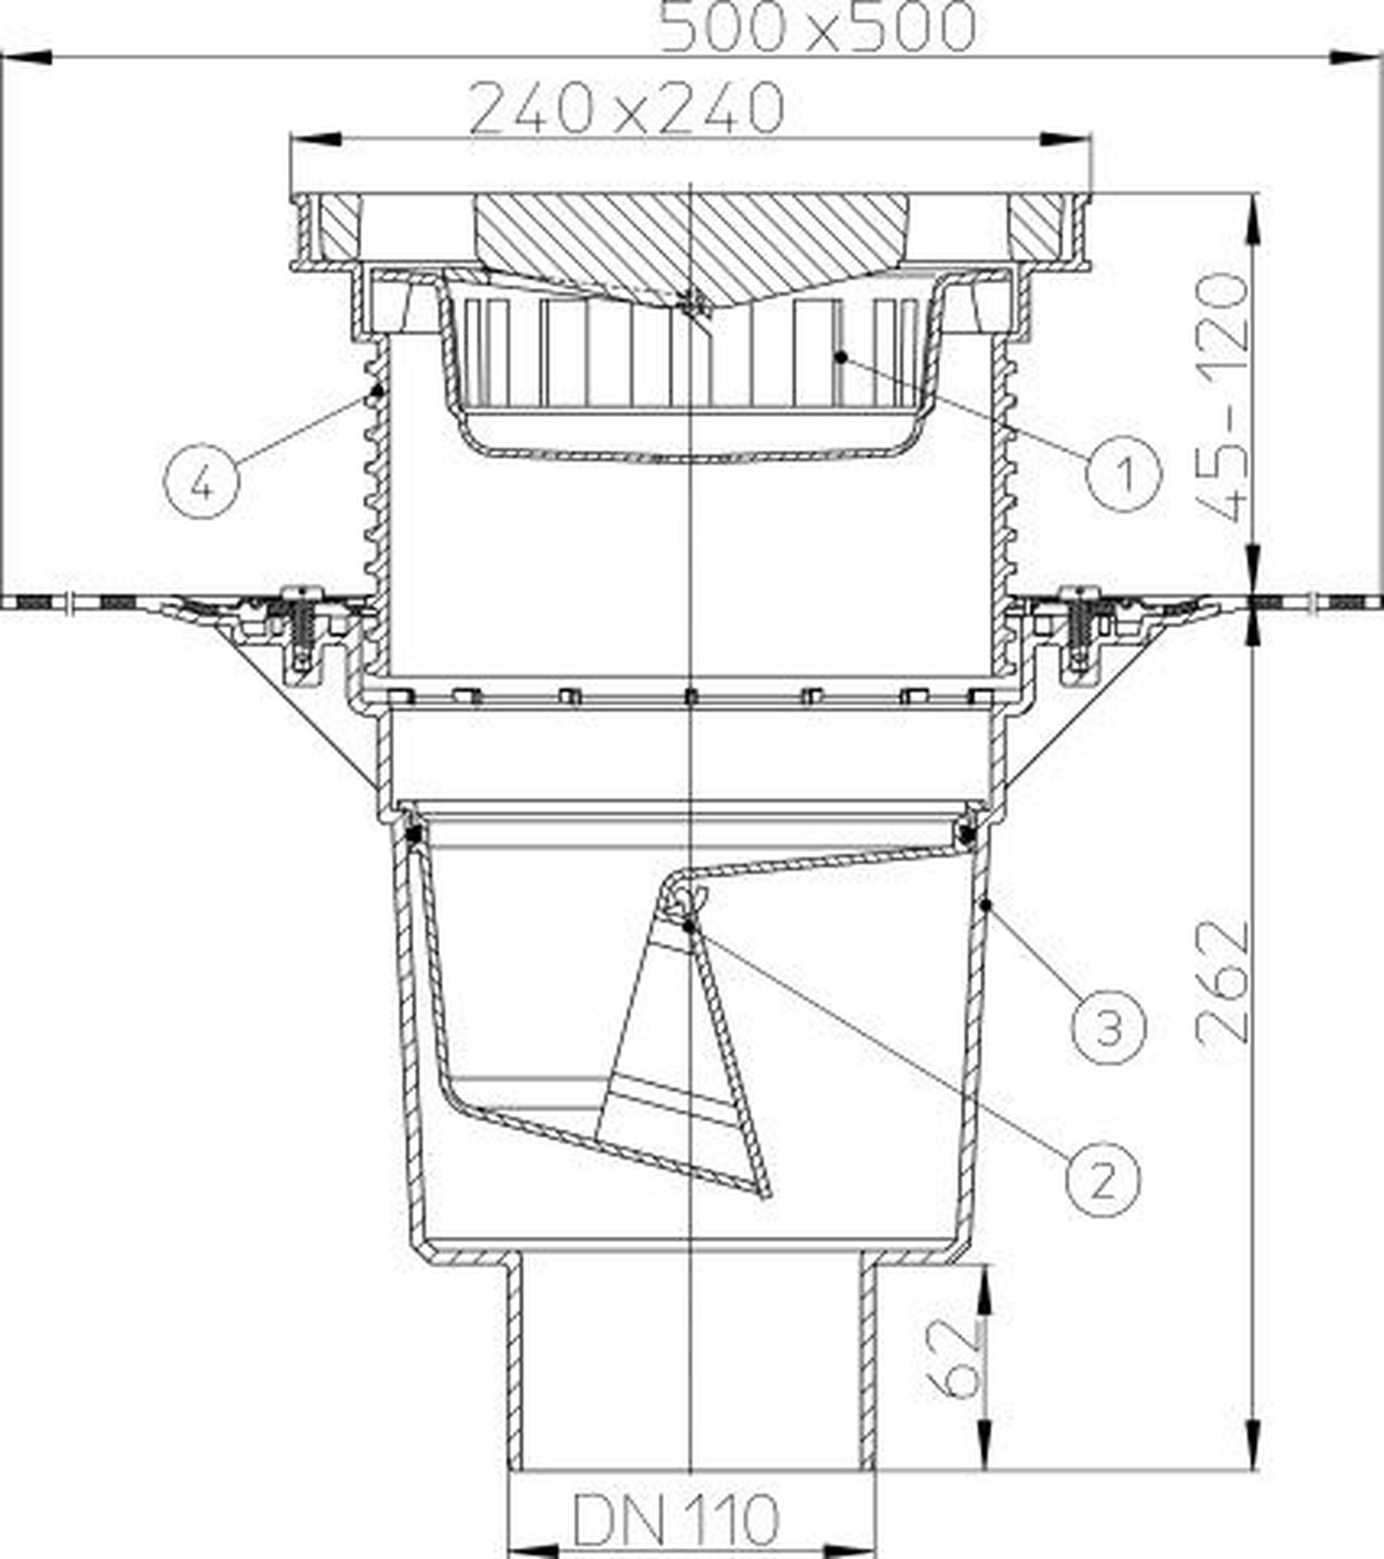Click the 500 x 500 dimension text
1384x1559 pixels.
(817, 28)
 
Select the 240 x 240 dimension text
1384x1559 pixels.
(626, 109)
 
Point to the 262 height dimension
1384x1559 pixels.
(1223, 983)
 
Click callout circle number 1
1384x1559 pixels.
(1124, 474)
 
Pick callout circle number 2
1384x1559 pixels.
(1102, 1179)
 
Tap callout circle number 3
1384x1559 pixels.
(1109, 1026)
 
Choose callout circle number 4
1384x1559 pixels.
(201, 481)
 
